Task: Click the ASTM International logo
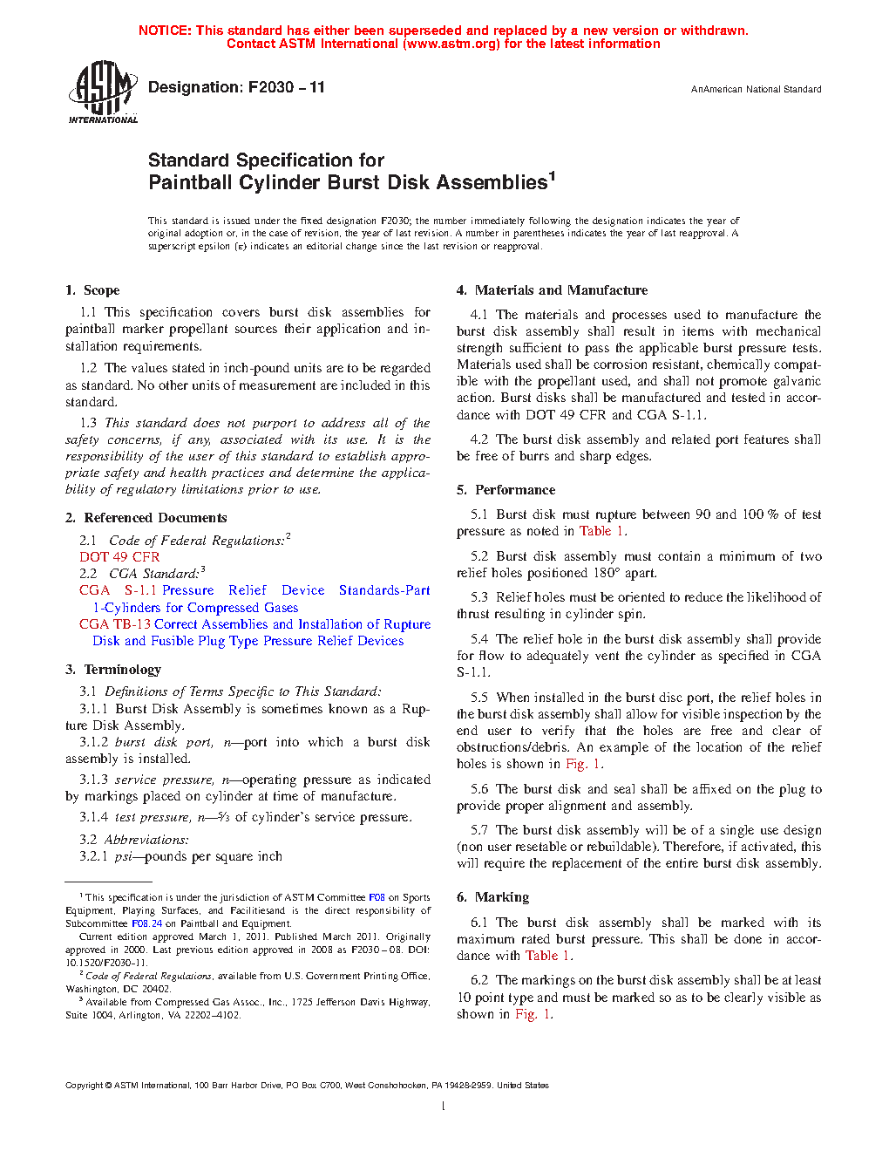coord(102,92)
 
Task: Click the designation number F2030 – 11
coord(286,87)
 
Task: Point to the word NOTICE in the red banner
coord(165,31)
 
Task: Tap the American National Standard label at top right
coord(756,89)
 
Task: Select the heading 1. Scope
coord(92,290)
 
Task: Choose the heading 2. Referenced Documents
coord(146,518)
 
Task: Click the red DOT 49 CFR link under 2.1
coord(119,557)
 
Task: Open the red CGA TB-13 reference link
coord(115,624)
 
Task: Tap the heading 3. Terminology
coord(113,670)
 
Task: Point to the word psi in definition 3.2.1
coord(123,856)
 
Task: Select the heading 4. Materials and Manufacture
coord(552,290)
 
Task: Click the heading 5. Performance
coord(506,490)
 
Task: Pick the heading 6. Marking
coord(492,897)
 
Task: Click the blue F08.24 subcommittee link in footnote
coord(146,923)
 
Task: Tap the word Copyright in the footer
coord(85,1086)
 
